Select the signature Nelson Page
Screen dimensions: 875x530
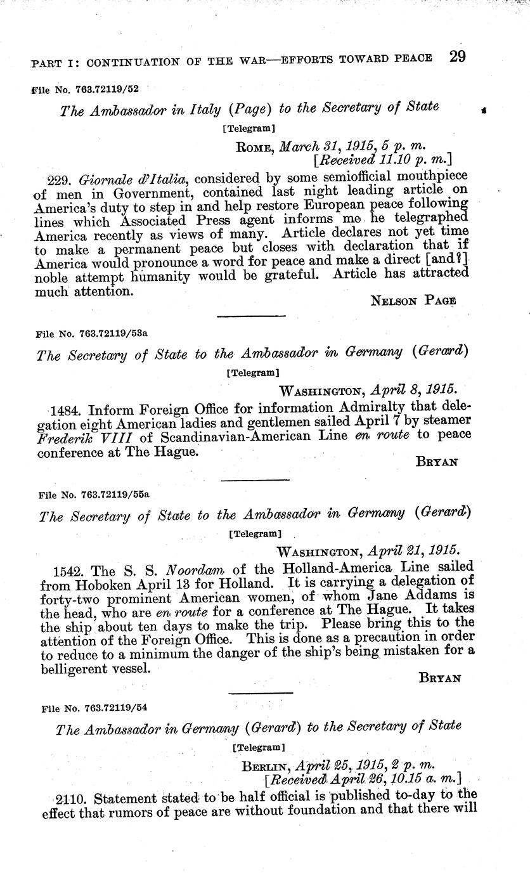point(413,301)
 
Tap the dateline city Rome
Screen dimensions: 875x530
point(255,147)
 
